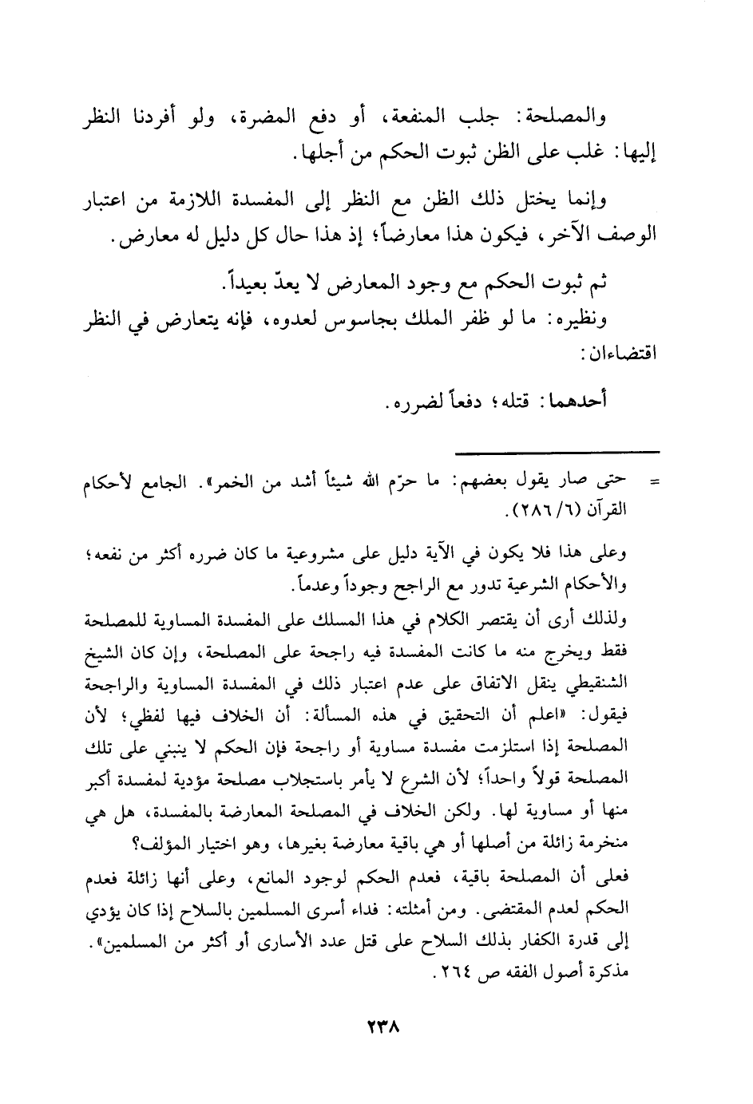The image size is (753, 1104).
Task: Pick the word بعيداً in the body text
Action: click(x=243, y=283)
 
